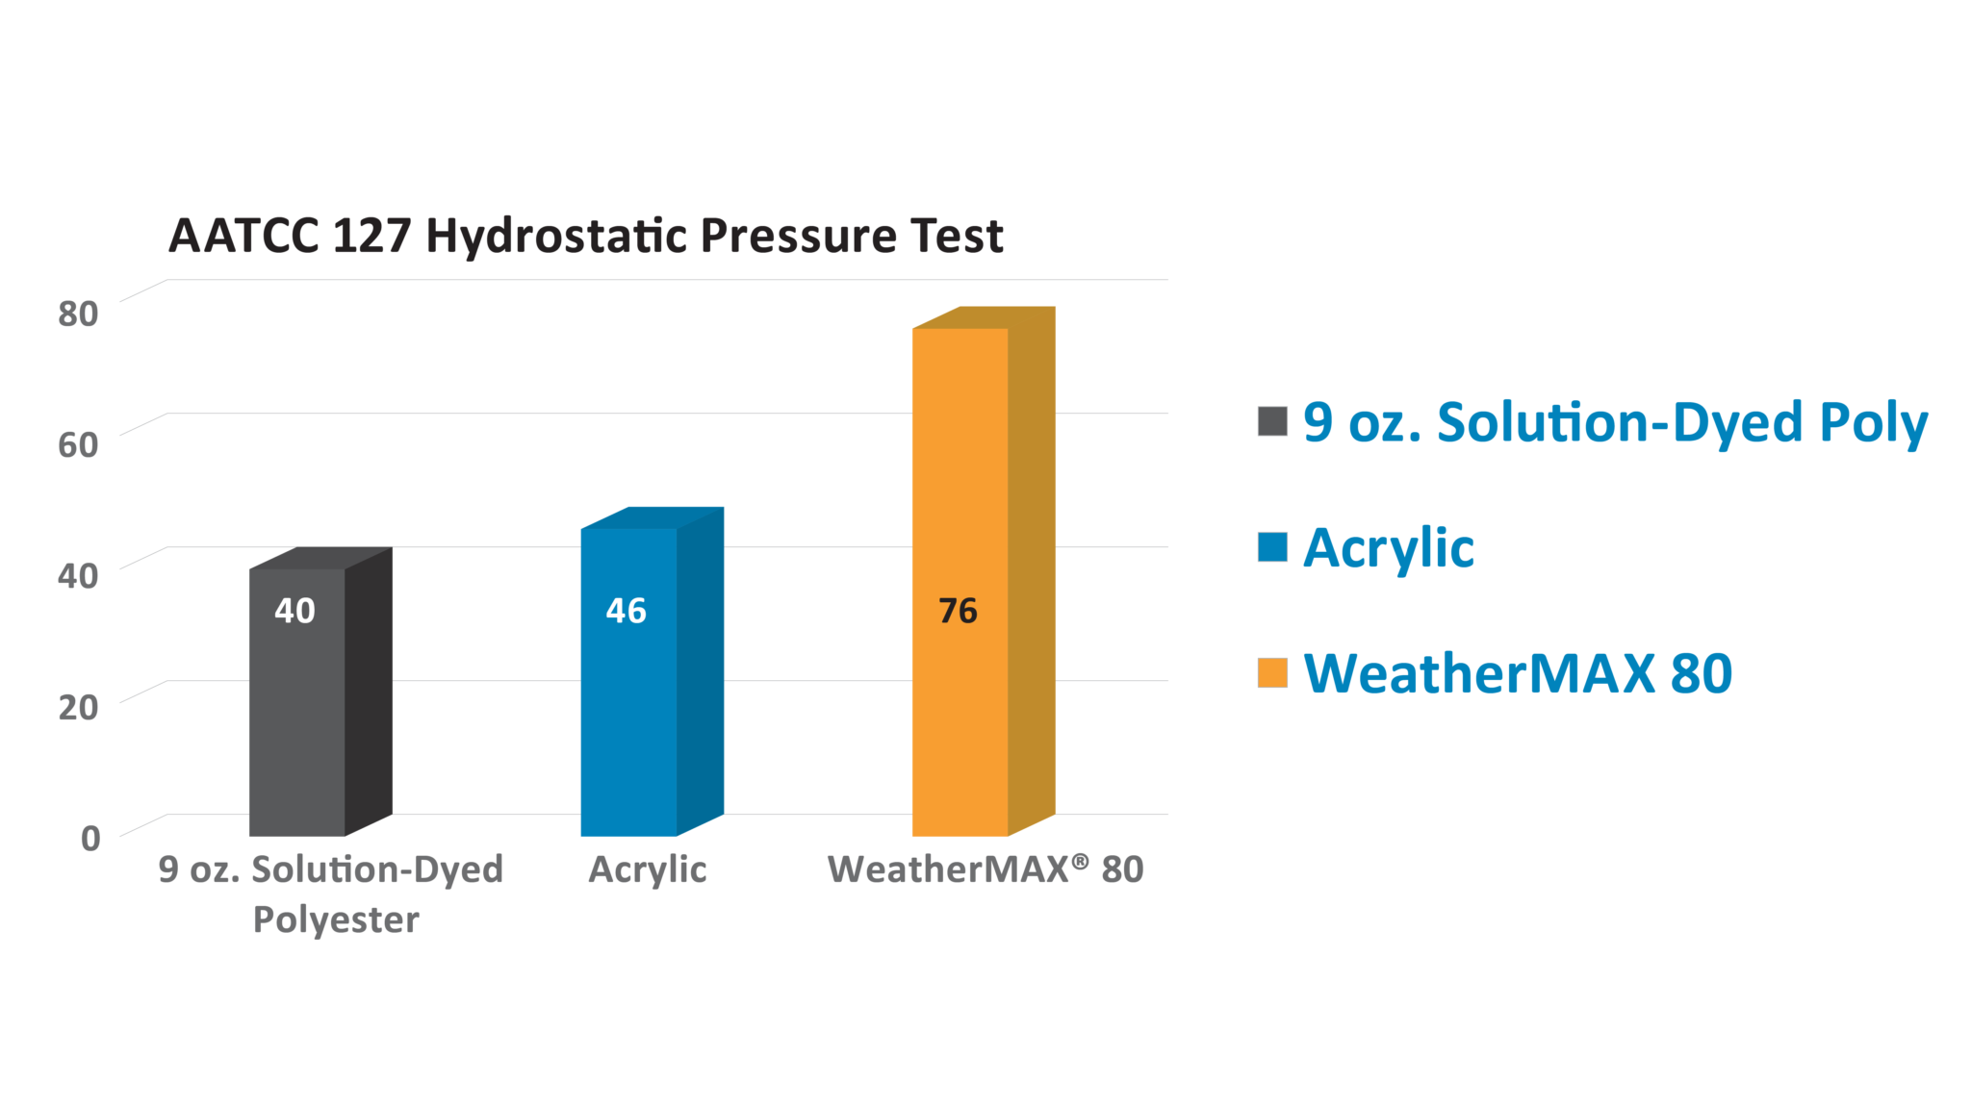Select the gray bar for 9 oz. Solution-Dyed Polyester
(320, 692)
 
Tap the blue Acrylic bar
(652, 671)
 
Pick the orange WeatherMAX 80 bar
(983, 571)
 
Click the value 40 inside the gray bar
(294, 611)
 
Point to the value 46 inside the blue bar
(626, 611)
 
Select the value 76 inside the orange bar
(958, 611)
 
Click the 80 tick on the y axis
(78, 314)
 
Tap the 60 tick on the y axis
(78, 444)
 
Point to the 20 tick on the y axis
(78, 707)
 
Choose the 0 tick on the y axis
(90, 838)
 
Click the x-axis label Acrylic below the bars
(648, 870)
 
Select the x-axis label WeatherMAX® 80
(985, 869)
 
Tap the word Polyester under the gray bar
(336, 920)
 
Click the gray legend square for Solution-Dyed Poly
(1272, 421)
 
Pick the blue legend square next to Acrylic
(1272, 546)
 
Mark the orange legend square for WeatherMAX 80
(1272, 672)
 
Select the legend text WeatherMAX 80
(1518, 673)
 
